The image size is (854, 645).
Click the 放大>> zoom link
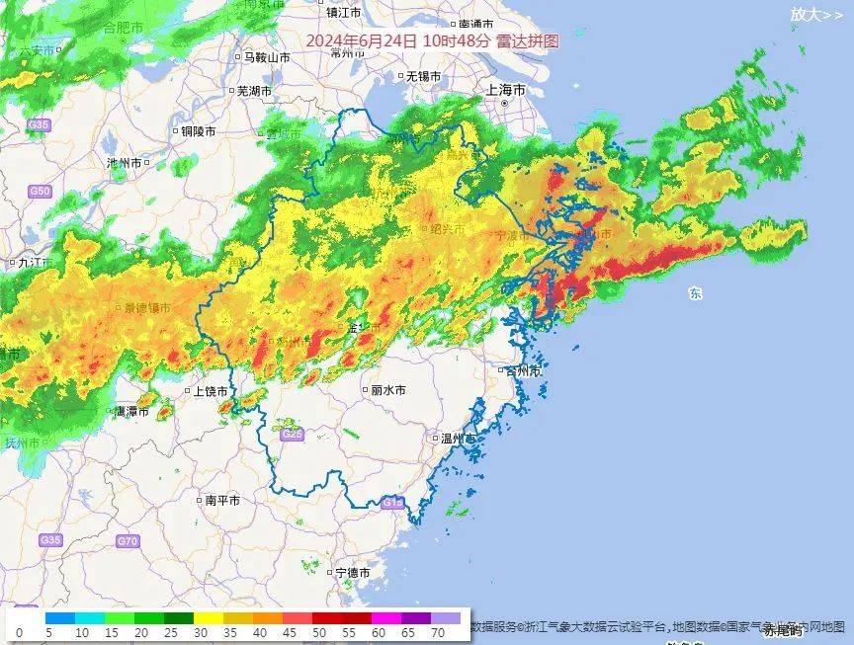pos(816,15)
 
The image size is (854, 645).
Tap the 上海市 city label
pos(507,90)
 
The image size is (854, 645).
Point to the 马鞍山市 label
pos(267,57)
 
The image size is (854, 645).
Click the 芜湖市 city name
pos(254,91)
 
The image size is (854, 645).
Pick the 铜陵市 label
pos(198,130)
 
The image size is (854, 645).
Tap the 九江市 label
pos(27,263)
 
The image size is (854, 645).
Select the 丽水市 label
pos(388,390)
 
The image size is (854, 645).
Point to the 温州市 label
pos(459,438)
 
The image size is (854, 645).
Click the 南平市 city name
pos(222,501)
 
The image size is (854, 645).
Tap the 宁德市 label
pos(352,573)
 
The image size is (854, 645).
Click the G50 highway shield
pos(40,191)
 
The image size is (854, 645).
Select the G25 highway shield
pos(291,435)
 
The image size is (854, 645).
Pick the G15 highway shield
pos(392,504)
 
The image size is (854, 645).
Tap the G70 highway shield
pos(128,541)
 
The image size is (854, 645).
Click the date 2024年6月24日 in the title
pos(362,41)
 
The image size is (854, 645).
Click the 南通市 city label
pos(476,24)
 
